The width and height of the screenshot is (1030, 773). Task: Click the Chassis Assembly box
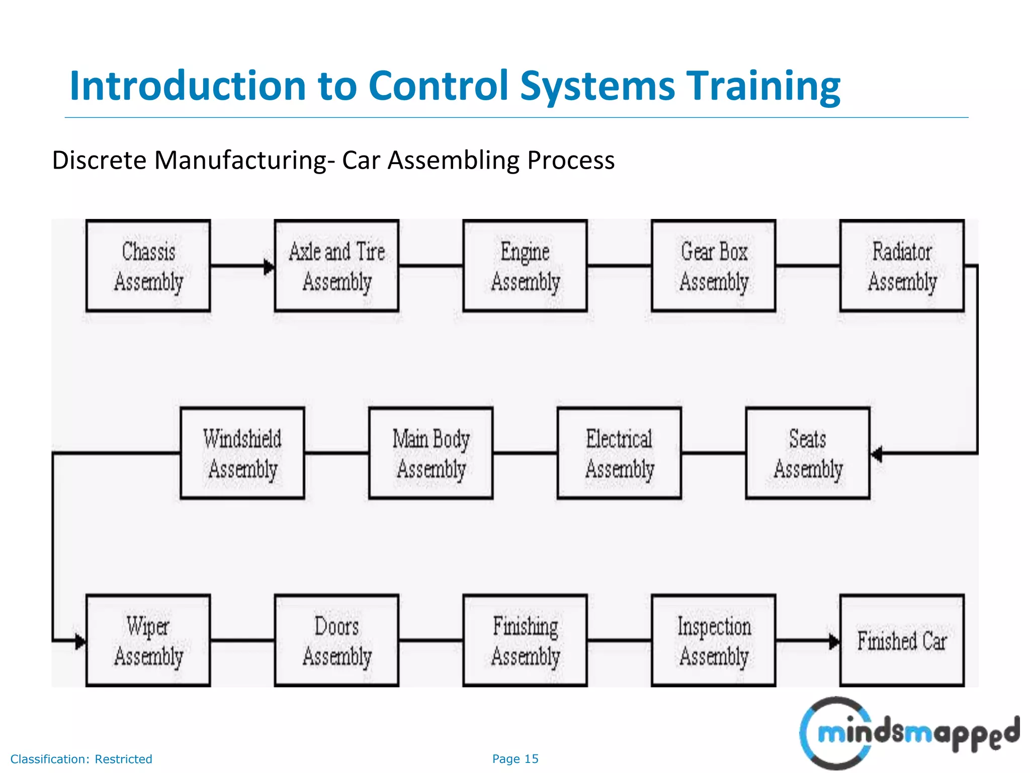point(148,266)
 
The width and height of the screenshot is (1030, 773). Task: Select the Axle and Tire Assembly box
point(336,266)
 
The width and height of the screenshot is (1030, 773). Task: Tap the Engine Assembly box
point(525,266)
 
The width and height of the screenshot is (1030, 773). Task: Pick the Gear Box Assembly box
point(714,266)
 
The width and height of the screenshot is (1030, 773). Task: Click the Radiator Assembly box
point(902,266)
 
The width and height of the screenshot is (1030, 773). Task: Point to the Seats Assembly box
point(808,453)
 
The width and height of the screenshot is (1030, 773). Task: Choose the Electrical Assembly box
point(619,453)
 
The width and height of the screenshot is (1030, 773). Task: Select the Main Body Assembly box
point(431,453)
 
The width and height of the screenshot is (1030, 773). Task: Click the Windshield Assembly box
point(242,453)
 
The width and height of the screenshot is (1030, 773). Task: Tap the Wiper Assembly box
point(148,641)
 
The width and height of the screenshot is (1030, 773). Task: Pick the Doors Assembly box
point(336,641)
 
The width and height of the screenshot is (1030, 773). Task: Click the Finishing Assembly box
point(525,641)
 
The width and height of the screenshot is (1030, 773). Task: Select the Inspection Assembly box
point(714,641)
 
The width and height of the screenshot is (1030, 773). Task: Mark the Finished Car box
point(902,641)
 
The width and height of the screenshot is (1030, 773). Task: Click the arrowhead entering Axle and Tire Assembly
point(270,267)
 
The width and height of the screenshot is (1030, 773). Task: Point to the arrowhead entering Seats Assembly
point(877,454)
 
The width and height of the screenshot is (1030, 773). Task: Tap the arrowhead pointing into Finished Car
point(834,642)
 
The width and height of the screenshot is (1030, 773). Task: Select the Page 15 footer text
point(515,759)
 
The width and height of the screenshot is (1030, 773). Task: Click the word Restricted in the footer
point(123,759)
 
